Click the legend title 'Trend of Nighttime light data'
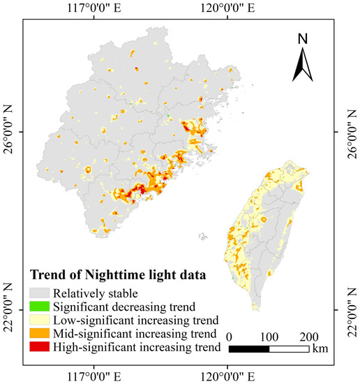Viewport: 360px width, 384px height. click(117, 275)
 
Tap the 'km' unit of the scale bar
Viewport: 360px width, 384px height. click(321, 348)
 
